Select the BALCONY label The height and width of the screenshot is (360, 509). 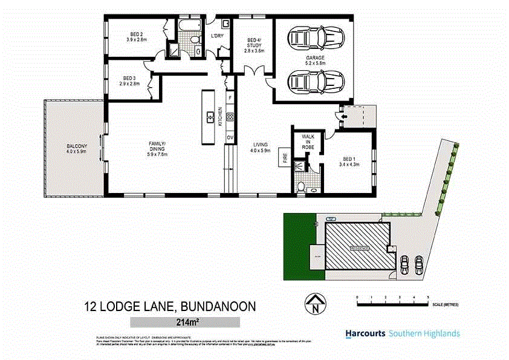coord(77,148)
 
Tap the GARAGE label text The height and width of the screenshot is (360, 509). coord(315,60)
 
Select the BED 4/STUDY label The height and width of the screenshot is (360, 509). coord(254,45)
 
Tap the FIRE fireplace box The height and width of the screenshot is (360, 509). coord(285,159)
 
